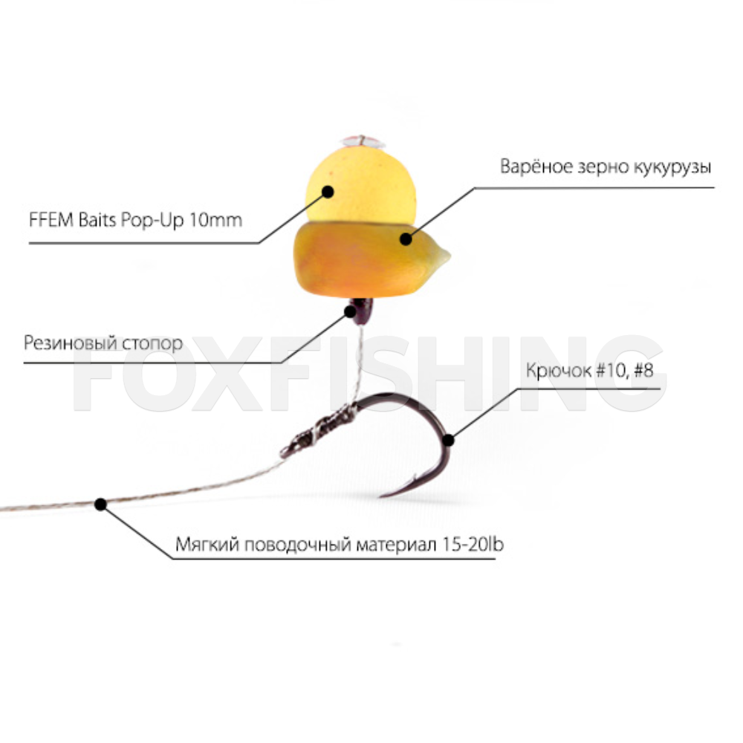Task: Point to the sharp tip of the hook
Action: (x=381, y=496)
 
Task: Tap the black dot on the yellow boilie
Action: (x=327, y=191)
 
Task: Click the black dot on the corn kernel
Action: (x=405, y=239)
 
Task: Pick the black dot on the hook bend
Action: (x=448, y=440)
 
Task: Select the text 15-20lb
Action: (x=472, y=544)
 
